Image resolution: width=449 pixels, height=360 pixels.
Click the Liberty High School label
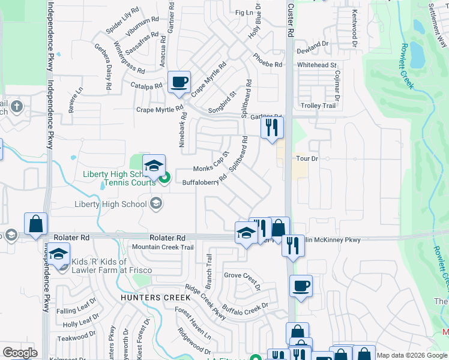pyautogui.click(x=110, y=204)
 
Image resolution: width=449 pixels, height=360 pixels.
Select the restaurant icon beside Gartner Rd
pyautogui.click(x=272, y=127)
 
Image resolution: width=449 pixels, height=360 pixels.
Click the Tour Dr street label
pyautogui.click(x=306, y=159)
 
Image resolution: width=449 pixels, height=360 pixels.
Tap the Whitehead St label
pyautogui.click(x=317, y=65)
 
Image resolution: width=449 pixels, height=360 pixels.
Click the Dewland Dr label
pyautogui.click(x=313, y=44)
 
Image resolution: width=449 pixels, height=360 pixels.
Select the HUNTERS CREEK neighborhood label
pyautogui.click(x=155, y=298)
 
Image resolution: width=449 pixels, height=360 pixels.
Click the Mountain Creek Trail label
pyautogui.click(x=163, y=247)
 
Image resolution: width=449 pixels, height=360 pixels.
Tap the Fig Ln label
pyautogui.click(x=244, y=12)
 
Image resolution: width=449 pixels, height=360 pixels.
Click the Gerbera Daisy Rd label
pyautogui.click(x=101, y=66)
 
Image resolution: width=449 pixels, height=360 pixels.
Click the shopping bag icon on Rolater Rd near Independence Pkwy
pyautogui.click(x=36, y=224)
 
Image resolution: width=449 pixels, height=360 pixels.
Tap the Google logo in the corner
pyautogui.click(x=20, y=353)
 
